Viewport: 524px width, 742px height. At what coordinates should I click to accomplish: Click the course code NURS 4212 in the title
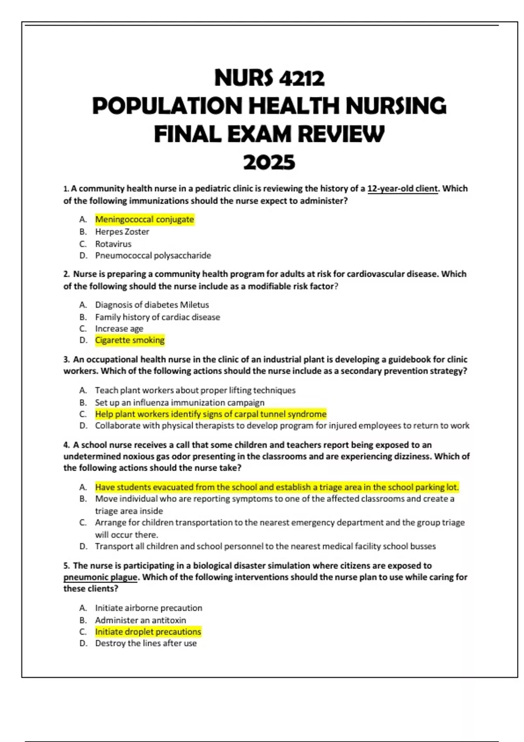(269, 79)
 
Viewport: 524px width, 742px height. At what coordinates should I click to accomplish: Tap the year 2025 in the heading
(269, 162)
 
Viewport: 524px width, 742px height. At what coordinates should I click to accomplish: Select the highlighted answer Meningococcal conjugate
(145, 220)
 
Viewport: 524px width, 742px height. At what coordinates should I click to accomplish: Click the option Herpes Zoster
(122, 232)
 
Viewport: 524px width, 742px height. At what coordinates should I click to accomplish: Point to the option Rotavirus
(113, 244)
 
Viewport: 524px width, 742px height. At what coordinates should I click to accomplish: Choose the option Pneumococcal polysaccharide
(153, 255)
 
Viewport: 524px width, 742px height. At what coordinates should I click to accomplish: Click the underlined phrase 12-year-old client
(403, 189)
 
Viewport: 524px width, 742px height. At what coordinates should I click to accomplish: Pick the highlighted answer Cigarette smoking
(130, 340)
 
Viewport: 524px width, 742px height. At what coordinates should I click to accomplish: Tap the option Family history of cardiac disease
(157, 317)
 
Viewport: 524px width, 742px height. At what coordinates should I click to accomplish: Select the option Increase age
(119, 329)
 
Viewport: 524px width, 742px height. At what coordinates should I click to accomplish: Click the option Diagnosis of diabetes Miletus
(152, 305)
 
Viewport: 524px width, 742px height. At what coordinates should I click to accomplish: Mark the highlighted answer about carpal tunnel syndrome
(210, 414)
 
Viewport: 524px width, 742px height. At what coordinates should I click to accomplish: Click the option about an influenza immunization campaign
(179, 402)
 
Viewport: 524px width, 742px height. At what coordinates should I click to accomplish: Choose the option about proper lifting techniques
(195, 390)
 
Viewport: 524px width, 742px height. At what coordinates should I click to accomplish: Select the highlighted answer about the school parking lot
(277, 487)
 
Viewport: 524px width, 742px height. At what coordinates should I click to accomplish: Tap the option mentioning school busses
(265, 546)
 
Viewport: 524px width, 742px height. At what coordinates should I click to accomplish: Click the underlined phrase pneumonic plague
(100, 577)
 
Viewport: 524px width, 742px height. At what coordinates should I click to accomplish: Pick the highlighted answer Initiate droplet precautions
(148, 632)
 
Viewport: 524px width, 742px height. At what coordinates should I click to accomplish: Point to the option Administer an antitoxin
(140, 620)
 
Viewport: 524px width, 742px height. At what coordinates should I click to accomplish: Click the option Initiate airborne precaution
(148, 608)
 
